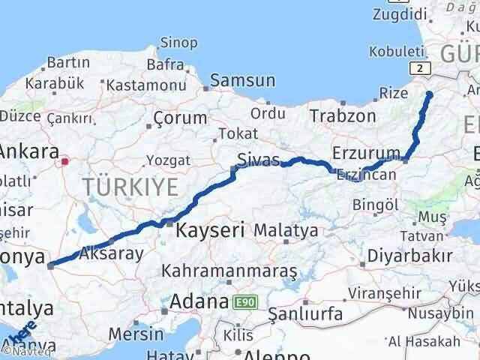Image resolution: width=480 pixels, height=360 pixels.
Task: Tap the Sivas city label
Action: [258, 160]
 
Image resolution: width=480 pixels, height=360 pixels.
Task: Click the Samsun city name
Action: [242, 80]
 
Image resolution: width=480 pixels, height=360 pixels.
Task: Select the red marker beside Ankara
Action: [65, 160]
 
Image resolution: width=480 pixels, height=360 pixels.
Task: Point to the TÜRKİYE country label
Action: [131, 187]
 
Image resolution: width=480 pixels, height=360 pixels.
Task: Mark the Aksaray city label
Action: [110, 253]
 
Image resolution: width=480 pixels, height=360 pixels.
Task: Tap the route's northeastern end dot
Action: [430, 94]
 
